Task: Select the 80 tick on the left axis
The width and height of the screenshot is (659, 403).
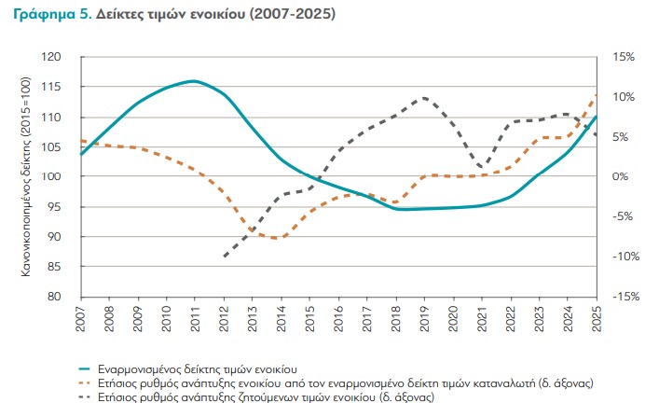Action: click(66, 297)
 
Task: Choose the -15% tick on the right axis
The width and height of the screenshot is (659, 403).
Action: click(623, 297)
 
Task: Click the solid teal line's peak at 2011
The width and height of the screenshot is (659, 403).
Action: click(194, 81)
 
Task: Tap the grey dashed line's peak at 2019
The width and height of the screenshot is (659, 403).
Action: click(424, 97)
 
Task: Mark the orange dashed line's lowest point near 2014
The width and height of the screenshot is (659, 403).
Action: click(278, 238)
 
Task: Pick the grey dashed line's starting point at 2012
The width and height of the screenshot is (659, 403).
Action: click(224, 257)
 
